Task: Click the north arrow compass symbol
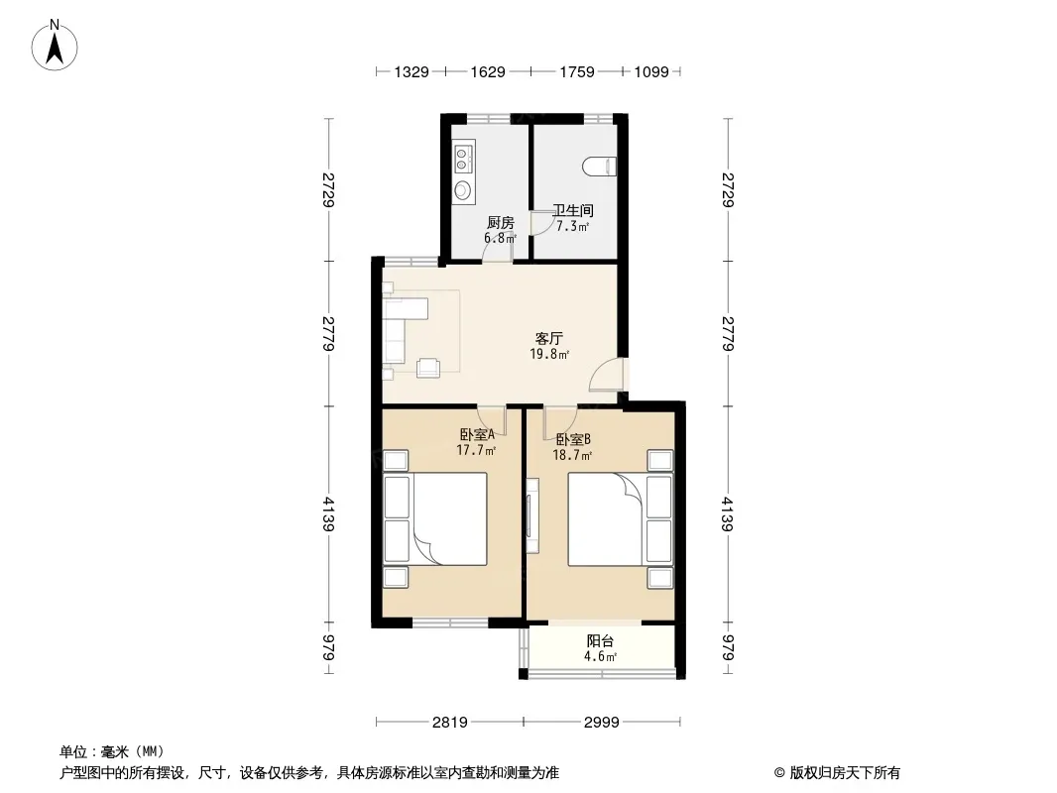(55, 45)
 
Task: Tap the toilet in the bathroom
(599, 167)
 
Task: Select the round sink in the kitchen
(463, 190)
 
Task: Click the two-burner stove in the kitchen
(462, 159)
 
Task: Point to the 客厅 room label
(548, 338)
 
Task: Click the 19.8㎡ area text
(550, 355)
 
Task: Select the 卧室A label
(477, 434)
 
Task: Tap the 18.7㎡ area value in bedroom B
(572, 455)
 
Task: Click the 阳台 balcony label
(600, 640)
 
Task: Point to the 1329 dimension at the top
(411, 71)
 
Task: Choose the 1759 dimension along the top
(577, 71)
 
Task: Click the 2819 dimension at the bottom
(449, 723)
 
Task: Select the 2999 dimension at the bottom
(601, 723)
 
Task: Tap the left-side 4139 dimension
(328, 514)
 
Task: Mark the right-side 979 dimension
(728, 647)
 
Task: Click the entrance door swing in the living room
(610, 375)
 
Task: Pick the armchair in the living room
(428, 368)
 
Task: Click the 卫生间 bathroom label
(573, 210)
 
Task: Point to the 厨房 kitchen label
(500, 222)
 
